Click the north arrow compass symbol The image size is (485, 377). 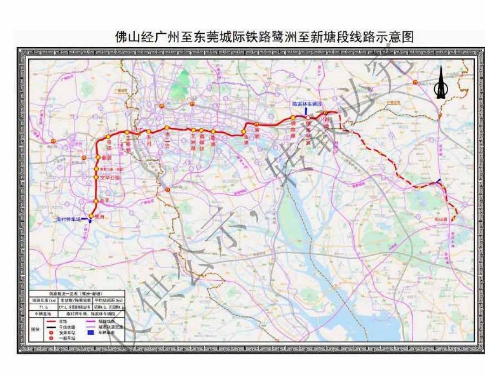pos(441,83)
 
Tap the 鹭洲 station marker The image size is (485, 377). pos(91,216)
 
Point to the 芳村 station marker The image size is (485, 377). pos(149,131)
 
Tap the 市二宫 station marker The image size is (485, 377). pos(166,128)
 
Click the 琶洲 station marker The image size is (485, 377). pos(213,132)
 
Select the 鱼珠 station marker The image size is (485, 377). pos(243,132)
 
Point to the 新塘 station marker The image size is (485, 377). pos(325,113)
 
